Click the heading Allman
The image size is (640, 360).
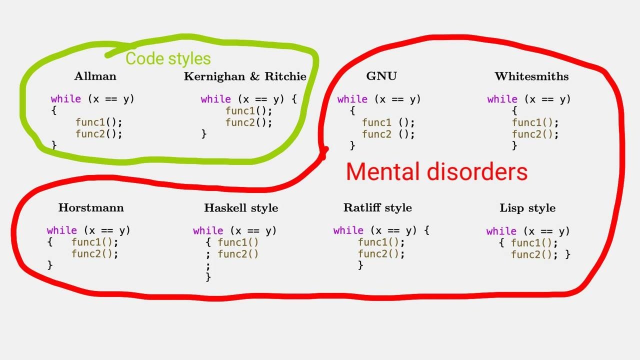[95, 76]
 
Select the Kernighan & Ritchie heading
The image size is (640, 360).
[245, 76]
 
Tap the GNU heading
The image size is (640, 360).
[381, 76]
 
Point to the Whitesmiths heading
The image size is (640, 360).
[531, 76]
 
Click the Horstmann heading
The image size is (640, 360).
[91, 208]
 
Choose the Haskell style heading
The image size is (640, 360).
[241, 208]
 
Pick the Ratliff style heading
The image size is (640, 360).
[377, 208]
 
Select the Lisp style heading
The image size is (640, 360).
[527, 208]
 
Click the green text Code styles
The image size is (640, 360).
[168, 58]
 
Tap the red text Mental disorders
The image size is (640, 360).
[436, 172]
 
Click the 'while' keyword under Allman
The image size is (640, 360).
[65, 99]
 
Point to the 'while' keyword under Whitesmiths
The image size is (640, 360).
[502, 99]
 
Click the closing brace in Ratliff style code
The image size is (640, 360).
[360, 265]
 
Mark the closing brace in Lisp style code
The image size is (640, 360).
[567, 254]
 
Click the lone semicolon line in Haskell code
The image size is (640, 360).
[208, 265]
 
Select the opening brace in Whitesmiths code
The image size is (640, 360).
[514, 110]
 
